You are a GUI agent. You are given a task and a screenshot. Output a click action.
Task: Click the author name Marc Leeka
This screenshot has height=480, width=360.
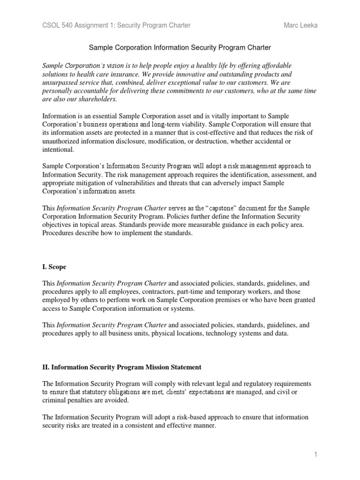tap(300, 25)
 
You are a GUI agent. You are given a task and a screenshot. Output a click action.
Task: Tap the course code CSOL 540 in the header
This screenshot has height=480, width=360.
tap(58, 25)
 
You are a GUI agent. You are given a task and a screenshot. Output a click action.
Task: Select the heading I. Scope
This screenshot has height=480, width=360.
tap(54, 267)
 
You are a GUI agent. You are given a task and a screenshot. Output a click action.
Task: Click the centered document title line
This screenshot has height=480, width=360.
tap(180, 48)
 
